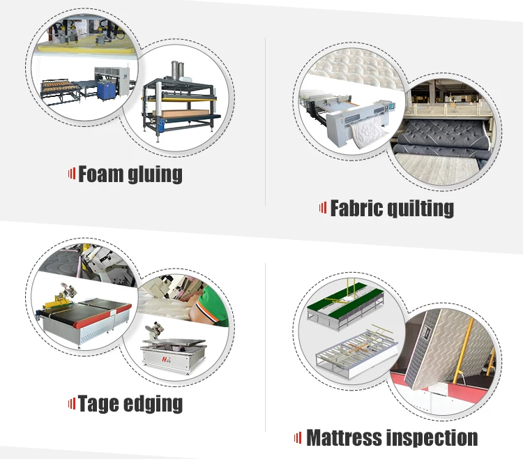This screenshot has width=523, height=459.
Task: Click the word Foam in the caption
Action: coord(100,174)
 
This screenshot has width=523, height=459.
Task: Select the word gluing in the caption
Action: coord(156,174)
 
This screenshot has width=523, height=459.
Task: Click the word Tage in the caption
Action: coord(99,403)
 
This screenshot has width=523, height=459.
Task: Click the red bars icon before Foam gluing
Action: coord(71,174)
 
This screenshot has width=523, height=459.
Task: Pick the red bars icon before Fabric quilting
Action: coord(323,207)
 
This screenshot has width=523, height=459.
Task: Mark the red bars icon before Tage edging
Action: coord(71,402)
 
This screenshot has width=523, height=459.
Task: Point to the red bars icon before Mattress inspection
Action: coord(298,438)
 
